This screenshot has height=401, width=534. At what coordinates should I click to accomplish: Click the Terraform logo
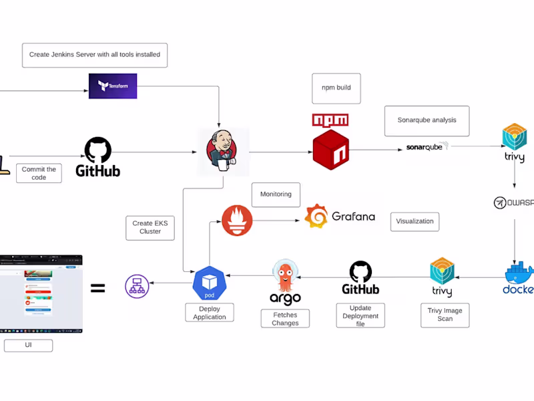pos(113,86)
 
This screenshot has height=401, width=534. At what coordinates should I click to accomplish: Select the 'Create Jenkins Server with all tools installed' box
pos(95,55)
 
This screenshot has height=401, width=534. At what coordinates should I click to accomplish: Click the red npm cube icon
pos(331,150)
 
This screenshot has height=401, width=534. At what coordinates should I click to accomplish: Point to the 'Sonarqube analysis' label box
pos(427,120)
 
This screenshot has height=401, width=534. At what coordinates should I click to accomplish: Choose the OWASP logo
pos(513,203)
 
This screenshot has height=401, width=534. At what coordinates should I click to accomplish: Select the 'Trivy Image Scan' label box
pos(445,314)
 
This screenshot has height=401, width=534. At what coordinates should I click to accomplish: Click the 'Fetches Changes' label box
pos(285,319)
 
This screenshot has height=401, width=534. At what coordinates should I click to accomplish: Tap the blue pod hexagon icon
pos(210,283)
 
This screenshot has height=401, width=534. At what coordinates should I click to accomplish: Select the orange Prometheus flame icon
pos(237,221)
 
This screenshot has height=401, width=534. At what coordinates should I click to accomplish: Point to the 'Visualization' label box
pos(415,221)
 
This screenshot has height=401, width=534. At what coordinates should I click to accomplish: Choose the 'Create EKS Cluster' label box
pos(150,227)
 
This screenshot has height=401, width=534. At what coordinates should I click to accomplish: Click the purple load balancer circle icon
pos(137,287)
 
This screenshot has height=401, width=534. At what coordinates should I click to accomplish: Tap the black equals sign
pos(97,289)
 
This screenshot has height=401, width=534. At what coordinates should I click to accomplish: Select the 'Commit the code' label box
pos(39,174)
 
